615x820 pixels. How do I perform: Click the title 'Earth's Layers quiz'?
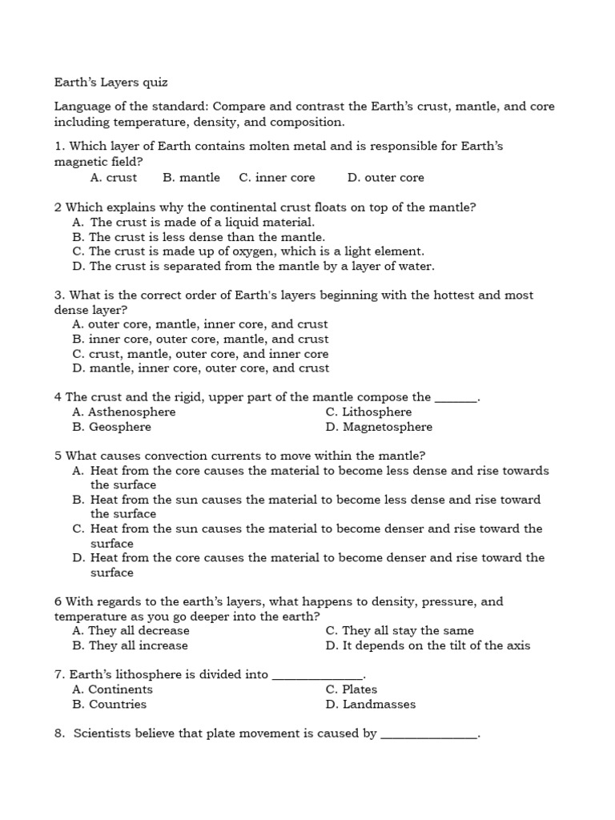pyautogui.click(x=111, y=82)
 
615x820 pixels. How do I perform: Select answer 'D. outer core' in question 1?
pyautogui.click(x=385, y=178)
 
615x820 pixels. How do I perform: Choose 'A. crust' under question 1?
pyautogui.click(x=114, y=178)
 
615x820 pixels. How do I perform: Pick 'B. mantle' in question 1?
pyautogui.click(x=191, y=178)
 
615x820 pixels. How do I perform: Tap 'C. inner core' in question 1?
pyautogui.click(x=277, y=178)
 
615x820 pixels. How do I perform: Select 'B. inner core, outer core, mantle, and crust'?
pyautogui.click(x=200, y=340)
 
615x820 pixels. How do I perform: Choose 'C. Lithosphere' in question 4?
pyautogui.click(x=368, y=412)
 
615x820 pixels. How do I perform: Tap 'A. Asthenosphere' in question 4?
pyautogui.click(x=124, y=412)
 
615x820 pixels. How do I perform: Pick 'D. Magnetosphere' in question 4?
pyautogui.click(x=379, y=428)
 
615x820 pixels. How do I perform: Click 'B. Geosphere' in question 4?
pyautogui.click(x=111, y=428)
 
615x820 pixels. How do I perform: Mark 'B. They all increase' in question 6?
pyautogui.click(x=130, y=645)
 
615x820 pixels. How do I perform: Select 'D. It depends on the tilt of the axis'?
pyautogui.click(x=428, y=645)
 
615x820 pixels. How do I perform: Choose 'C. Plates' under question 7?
pyautogui.click(x=352, y=689)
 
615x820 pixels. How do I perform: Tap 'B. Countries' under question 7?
pyautogui.click(x=110, y=705)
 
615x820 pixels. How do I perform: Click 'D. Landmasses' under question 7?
pyautogui.click(x=371, y=705)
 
